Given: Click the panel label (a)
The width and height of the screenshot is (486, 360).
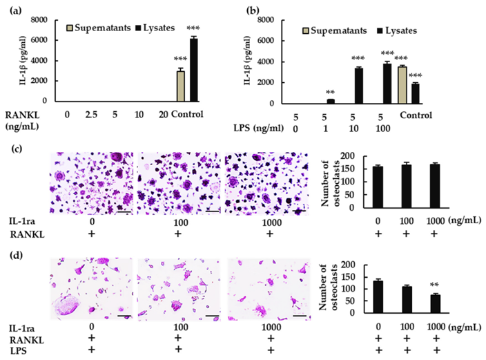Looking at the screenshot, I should click(x=14, y=8).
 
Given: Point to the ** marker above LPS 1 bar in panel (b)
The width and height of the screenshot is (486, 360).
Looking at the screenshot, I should click(x=330, y=92).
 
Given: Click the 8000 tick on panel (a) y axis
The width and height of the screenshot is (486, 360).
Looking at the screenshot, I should click(x=39, y=19).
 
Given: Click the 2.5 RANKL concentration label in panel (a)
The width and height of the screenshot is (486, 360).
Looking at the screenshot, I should click(x=92, y=114).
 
